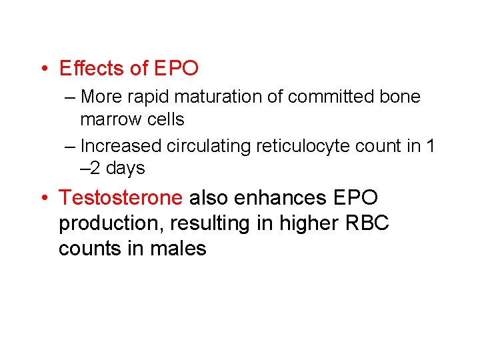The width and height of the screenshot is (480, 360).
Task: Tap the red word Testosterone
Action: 121,197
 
